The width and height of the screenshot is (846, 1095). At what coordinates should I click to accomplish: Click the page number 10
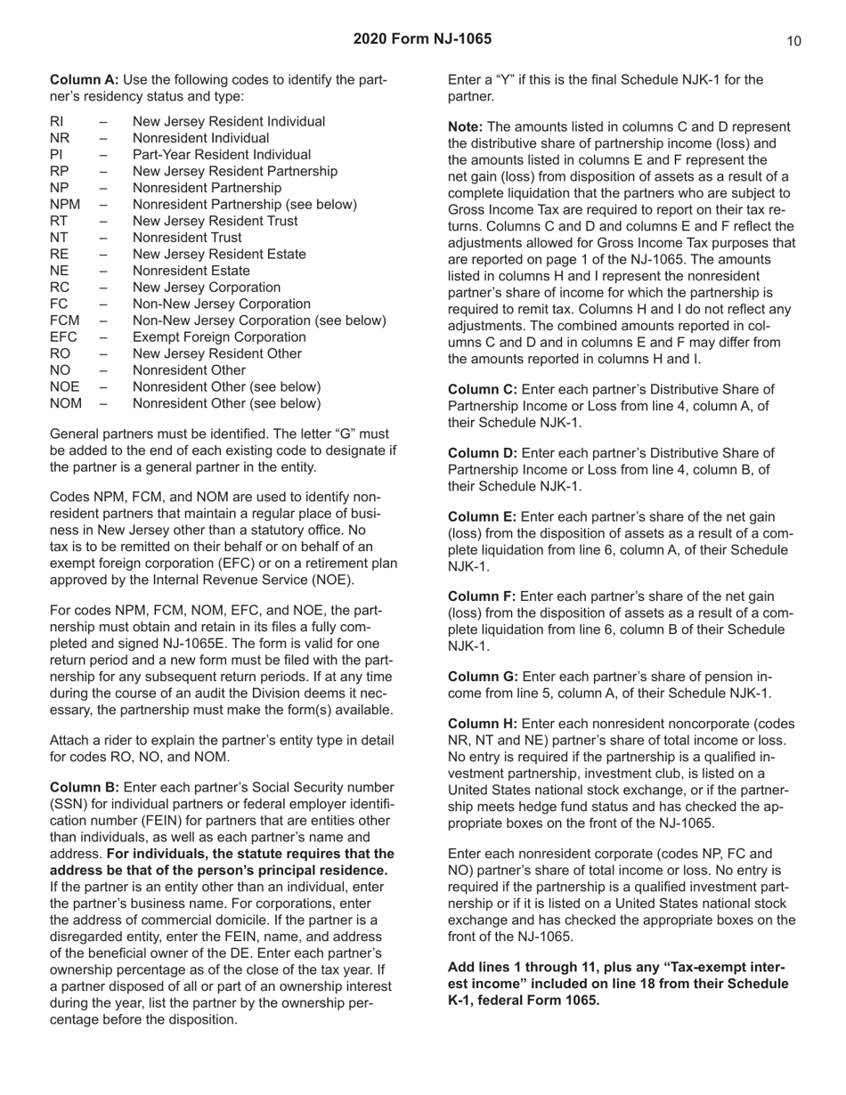[794, 41]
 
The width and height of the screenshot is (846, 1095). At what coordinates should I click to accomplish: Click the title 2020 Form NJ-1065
[422, 39]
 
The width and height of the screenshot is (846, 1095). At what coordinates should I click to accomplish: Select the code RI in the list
[56, 121]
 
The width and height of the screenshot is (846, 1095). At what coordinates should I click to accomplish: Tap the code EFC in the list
[63, 337]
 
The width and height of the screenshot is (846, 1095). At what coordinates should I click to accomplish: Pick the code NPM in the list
[65, 205]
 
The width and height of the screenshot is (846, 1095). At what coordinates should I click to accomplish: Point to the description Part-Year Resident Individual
[221, 155]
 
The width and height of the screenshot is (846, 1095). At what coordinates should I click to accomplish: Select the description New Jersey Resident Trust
[215, 221]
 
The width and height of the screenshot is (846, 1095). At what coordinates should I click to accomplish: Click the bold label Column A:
[85, 80]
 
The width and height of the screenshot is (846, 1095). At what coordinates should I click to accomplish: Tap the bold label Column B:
[85, 788]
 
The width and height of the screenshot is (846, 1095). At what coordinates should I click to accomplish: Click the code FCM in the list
[64, 320]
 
